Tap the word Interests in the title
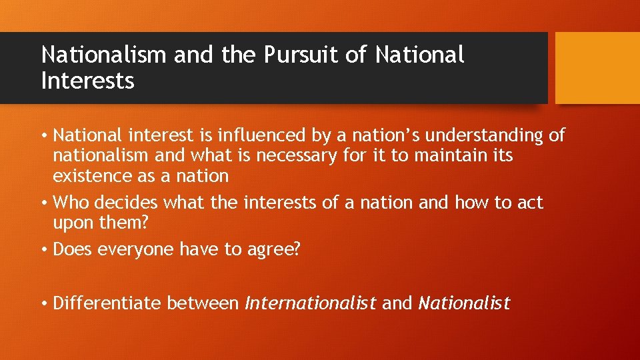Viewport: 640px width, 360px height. click(x=87, y=81)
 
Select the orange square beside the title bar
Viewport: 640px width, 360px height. click(x=597, y=68)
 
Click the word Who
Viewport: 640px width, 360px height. click(x=67, y=202)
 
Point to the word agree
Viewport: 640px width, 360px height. click(x=276, y=249)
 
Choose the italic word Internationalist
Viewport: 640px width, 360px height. click(x=311, y=303)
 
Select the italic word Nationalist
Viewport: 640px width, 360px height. click(x=464, y=303)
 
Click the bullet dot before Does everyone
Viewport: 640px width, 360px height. click(x=43, y=249)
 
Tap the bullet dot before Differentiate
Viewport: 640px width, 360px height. click(x=43, y=303)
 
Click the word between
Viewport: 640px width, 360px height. click(x=203, y=303)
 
